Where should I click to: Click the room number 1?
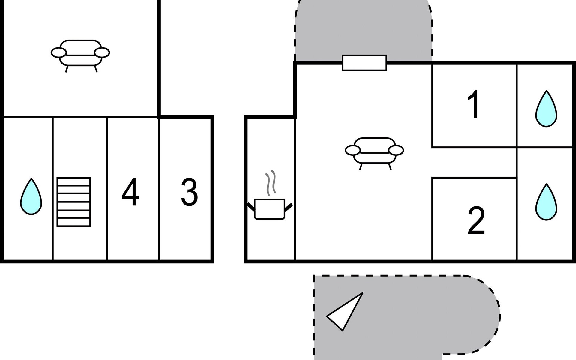tap(474, 104)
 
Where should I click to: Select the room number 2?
tap(476, 220)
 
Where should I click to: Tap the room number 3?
tap(189, 192)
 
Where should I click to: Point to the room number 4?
tap(130, 192)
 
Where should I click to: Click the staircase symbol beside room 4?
tap(74, 202)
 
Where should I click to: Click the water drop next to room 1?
tap(546, 109)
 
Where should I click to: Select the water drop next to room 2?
tap(546, 202)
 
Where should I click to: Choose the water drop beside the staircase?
tap(31, 196)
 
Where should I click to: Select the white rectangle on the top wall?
tap(364, 63)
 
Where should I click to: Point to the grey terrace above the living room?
tap(364, 30)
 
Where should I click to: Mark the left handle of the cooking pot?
tap(251, 206)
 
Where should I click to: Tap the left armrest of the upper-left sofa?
tap(58, 53)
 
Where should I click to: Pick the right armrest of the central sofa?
tap(396, 150)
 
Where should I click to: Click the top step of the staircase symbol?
tap(74, 182)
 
